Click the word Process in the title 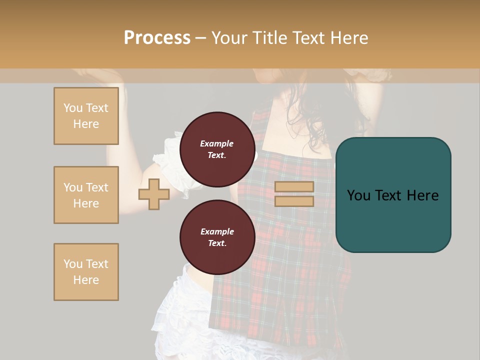coord(157,38)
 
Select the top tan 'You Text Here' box coord(86,116)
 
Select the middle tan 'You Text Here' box coord(86,195)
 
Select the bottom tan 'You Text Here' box coord(86,272)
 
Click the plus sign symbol coord(153,194)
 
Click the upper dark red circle coord(217,149)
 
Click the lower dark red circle coord(217,237)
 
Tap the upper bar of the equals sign coord(294,186)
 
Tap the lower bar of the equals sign coord(294,201)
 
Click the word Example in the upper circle coord(217,143)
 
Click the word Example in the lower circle coord(217,231)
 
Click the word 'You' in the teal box coord(359,195)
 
